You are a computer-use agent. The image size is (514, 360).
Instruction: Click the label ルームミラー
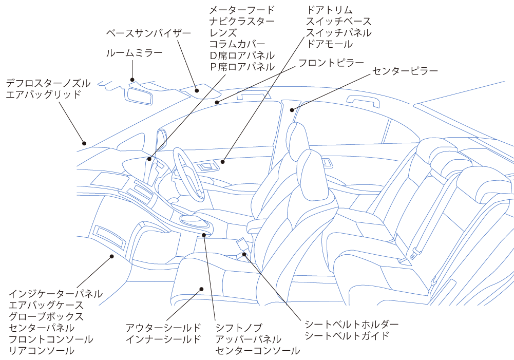[x=134, y=53]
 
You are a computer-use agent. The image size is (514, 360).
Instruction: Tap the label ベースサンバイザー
[x=148, y=33]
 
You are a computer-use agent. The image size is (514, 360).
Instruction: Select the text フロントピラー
[x=331, y=63]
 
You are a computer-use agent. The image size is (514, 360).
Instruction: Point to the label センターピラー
[x=405, y=71]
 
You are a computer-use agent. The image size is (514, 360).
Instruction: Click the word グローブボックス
[x=46, y=316]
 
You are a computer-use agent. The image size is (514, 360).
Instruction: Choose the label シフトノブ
[x=239, y=328]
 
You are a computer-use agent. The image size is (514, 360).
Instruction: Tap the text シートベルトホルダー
[x=351, y=324]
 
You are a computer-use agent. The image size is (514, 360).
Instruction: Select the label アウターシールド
[x=163, y=328]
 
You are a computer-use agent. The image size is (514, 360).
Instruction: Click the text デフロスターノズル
[x=48, y=83]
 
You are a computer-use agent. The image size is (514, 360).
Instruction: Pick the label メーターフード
[x=242, y=10]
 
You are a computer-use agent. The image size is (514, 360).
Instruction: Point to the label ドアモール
[x=330, y=44]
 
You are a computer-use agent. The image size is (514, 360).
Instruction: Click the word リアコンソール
[x=41, y=350]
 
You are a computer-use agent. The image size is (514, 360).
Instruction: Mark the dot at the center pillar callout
[x=292, y=110]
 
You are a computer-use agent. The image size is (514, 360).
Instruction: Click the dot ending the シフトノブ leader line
[x=204, y=235]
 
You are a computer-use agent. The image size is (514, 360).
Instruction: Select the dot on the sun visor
[x=197, y=91]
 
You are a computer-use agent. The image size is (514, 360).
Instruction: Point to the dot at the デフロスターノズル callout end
[x=84, y=143]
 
